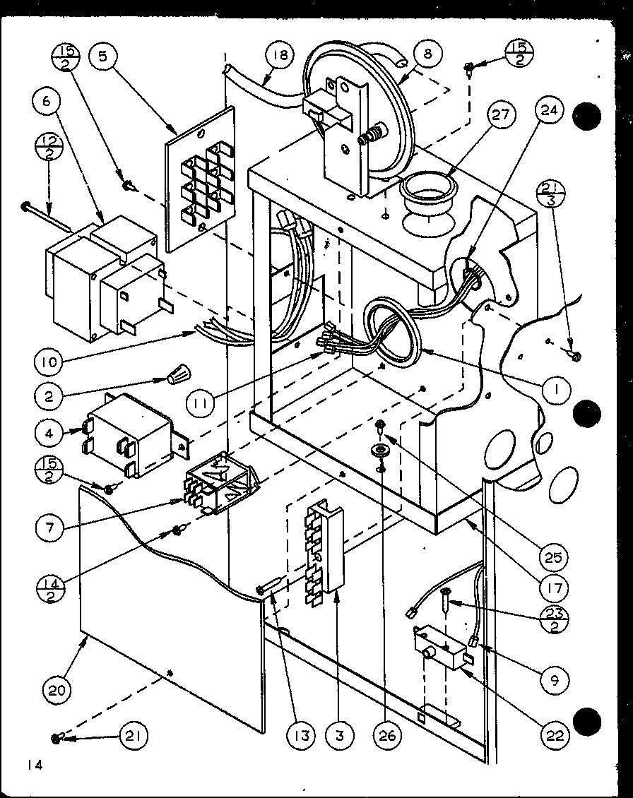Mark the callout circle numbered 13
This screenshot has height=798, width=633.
[302, 736]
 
